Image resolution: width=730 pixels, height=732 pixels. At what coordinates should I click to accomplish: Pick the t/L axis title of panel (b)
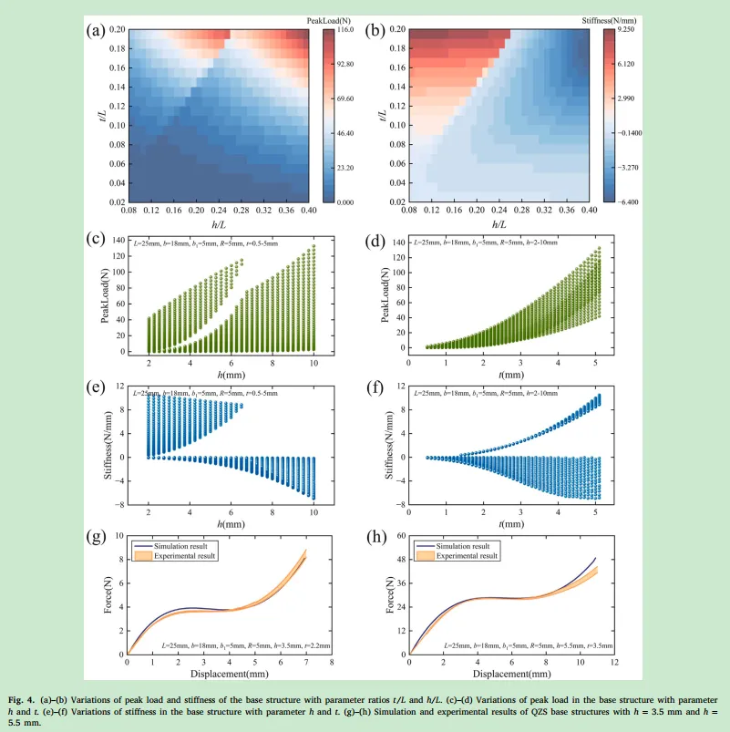click(382, 115)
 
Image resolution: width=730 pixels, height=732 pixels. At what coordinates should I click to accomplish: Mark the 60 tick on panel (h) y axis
click(397, 537)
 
